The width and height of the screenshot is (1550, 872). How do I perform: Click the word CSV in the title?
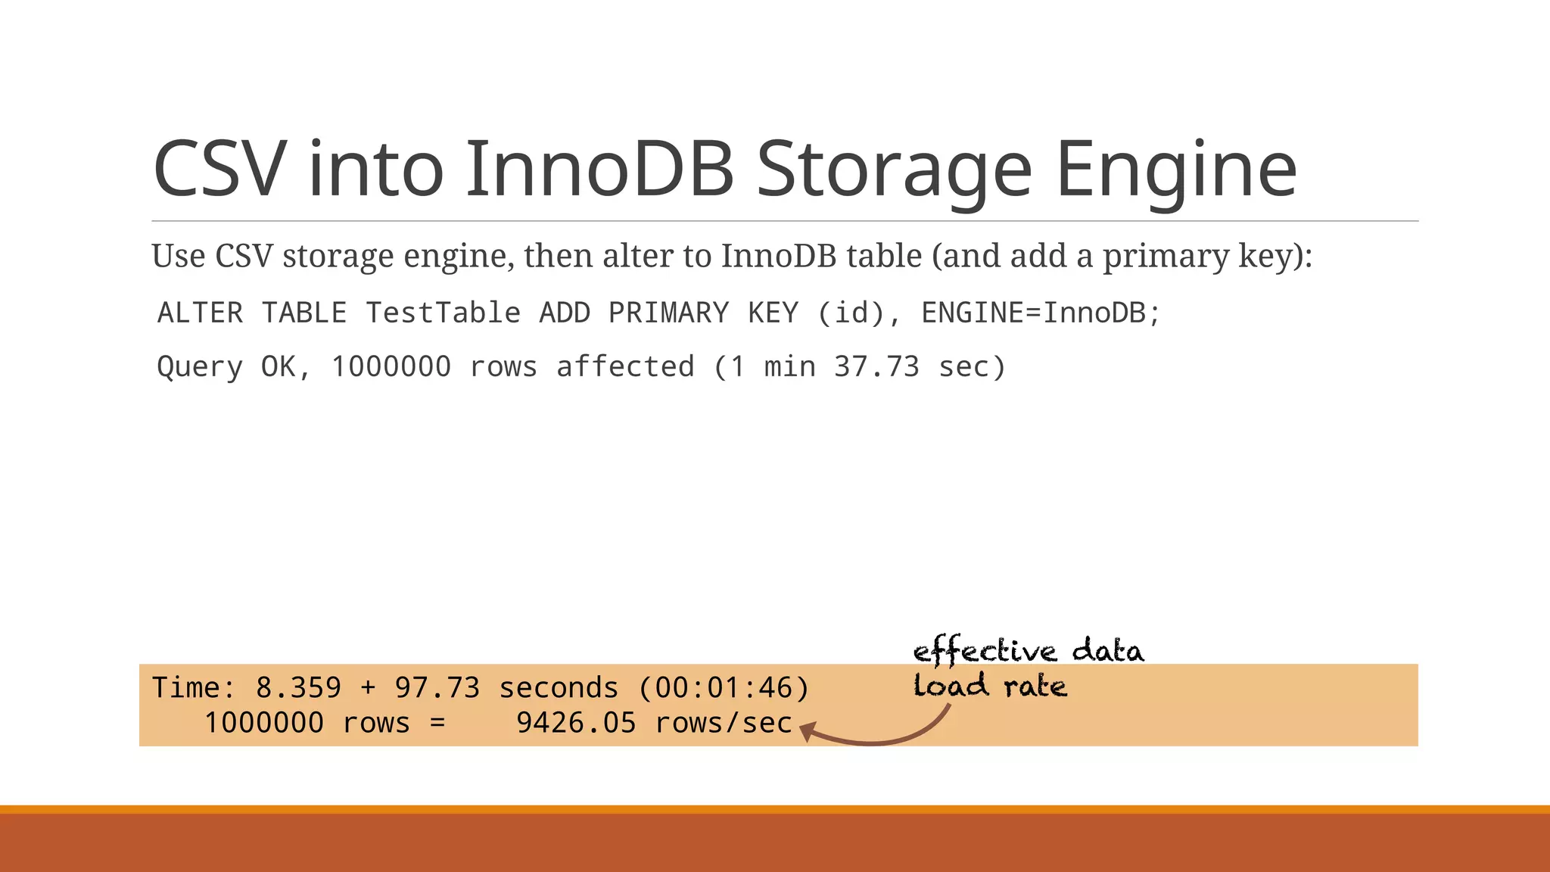tap(219, 169)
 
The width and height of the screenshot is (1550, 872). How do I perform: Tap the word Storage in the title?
tap(894, 169)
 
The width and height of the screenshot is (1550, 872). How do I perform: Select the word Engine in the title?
tap(1176, 169)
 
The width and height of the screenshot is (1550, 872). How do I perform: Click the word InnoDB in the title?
tap(599, 169)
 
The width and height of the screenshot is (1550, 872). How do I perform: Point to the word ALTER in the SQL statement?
tap(201, 313)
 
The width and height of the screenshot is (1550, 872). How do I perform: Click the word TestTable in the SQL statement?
tap(444, 313)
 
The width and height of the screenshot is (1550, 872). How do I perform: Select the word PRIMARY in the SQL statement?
tap(669, 313)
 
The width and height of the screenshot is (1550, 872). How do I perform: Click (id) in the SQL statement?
tap(851, 313)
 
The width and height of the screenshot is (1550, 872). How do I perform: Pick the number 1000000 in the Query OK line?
tap(391, 367)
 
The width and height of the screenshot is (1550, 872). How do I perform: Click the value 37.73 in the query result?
tap(876, 367)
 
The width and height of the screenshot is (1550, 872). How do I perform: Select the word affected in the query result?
tap(626, 367)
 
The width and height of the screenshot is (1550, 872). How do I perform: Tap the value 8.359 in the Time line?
tap(298, 688)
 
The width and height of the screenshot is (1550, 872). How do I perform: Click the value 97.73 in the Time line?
tap(437, 688)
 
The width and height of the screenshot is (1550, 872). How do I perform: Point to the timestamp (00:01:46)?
tap(724, 688)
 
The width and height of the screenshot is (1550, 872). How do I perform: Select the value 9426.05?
tap(576, 723)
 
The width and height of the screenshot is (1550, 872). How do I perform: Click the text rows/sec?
tap(724, 723)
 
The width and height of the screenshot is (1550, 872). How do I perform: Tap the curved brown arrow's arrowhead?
tap(807, 732)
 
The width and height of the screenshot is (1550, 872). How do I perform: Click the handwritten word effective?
tap(985, 651)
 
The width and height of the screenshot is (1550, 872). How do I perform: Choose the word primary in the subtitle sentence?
tap(1166, 256)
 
